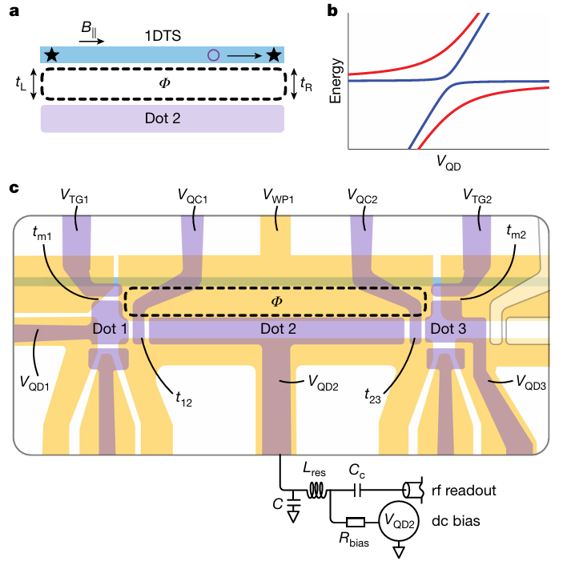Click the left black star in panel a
pos(52,54)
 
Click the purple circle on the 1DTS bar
pos(213,54)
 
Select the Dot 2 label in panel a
pos(163,118)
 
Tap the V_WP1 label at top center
pos(277,194)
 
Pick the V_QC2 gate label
pos(363,194)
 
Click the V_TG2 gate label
pos(479,194)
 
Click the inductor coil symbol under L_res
pos(320,488)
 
